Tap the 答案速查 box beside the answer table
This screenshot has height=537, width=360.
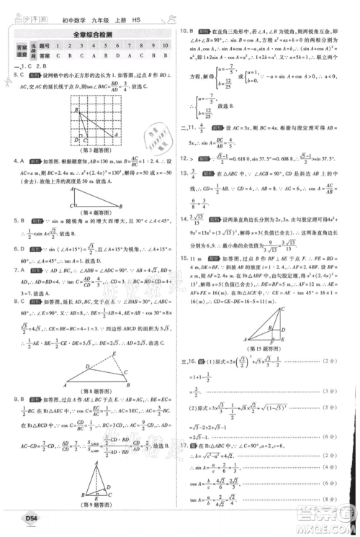(22, 50)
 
